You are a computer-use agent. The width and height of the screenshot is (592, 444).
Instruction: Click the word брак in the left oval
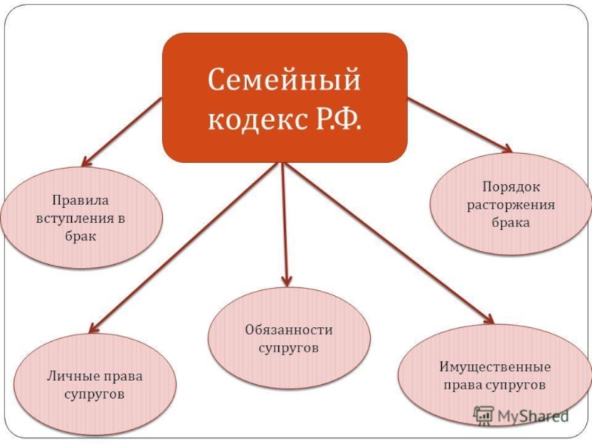(x=80, y=237)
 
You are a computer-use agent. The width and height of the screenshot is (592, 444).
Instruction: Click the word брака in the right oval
(x=511, y=223)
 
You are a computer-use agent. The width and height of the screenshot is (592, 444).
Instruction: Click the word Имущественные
(x=494, y=367)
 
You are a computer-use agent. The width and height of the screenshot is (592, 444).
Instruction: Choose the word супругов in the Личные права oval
(x=94, y=394)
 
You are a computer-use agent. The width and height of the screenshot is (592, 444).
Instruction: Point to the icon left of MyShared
(x=483, y=415)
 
